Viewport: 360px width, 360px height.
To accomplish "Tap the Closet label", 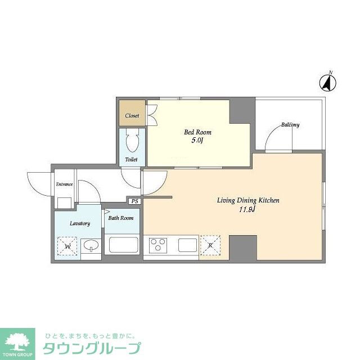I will [132, 115].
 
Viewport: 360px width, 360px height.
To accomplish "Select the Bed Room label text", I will [197, 132].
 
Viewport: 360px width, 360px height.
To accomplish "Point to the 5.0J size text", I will [197, 141].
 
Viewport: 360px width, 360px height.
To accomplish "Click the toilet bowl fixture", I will [132, 141].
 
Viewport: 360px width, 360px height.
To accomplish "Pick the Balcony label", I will [290, 124].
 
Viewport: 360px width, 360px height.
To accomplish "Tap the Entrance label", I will [64, 184].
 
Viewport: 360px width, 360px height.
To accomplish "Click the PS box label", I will [134, 201].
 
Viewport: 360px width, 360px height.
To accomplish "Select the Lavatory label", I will [80, 223].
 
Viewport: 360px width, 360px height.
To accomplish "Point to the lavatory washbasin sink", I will [90, 246].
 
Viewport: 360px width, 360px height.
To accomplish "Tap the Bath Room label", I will [121, 218].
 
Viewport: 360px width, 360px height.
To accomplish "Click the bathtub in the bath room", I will [123, 245].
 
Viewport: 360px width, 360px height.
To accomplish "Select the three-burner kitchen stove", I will [158, 245].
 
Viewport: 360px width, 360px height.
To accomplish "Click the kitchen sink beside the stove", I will [187, 245].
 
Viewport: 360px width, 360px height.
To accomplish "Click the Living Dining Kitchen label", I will [248, 200].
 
